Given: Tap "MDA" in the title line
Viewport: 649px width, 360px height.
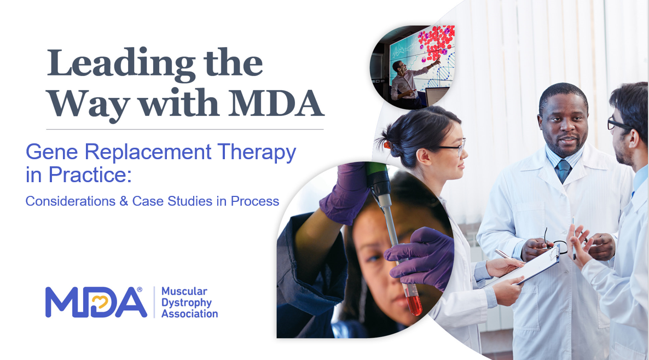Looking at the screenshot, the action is [x=276, y=103].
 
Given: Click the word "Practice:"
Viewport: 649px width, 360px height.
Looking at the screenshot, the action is [x=90, y=175].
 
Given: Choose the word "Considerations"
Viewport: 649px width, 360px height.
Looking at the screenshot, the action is [x=71, y=201].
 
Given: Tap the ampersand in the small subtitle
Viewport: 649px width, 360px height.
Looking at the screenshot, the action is [x=124, y=201].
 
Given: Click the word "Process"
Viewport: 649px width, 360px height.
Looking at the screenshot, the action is [x=254, y=201].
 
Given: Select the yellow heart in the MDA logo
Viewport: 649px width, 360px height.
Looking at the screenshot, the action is [x=100, y=303].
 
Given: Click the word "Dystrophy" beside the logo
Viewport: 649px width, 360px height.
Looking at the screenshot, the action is [x=186, y=303].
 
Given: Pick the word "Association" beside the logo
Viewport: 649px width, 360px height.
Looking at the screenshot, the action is [x=189, y=313].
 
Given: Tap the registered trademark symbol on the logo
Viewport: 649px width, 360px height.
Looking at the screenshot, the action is [x=140, y=289].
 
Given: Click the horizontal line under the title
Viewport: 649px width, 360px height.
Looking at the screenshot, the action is [x=185, y=130].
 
